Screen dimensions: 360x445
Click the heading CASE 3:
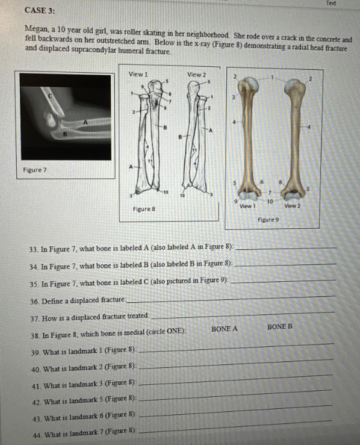tap(40, 10)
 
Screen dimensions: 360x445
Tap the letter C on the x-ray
tap(50, 96)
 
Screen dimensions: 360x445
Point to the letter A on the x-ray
tap(85, 122)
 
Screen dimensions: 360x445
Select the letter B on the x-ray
tap(64, 134)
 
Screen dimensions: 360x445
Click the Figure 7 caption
tap(34, 170)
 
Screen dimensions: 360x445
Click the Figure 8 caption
tap(144, 209)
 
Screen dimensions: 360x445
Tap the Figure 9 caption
tap(268, 219)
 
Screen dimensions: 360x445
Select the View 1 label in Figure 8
tap(138, 74)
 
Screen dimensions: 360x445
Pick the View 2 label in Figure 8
tap(197, 75)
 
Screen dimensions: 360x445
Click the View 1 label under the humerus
tap(247, 206)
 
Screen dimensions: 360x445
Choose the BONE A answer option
tap(224, 329)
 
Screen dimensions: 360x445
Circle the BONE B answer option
tap(279, 326)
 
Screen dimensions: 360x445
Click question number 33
tap(34, 250)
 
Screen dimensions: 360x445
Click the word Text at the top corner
tap(331, 3)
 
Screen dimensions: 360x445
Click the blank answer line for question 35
tap(283, 281)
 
